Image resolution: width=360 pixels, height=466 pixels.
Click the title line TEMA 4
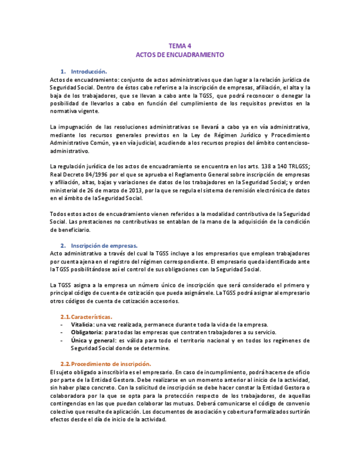[x=180, y=46]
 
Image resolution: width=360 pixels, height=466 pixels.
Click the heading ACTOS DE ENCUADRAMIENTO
[x=180, y=55]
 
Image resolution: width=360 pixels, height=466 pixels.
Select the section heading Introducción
[x=89, y=71]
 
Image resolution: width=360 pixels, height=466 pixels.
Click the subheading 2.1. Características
[x=86, y=317]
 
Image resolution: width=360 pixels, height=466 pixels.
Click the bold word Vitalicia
[x=82, y=324]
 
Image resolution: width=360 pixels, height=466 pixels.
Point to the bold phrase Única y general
[x=91, y=340]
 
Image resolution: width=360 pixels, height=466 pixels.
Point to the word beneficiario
[x=70, y=229]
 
